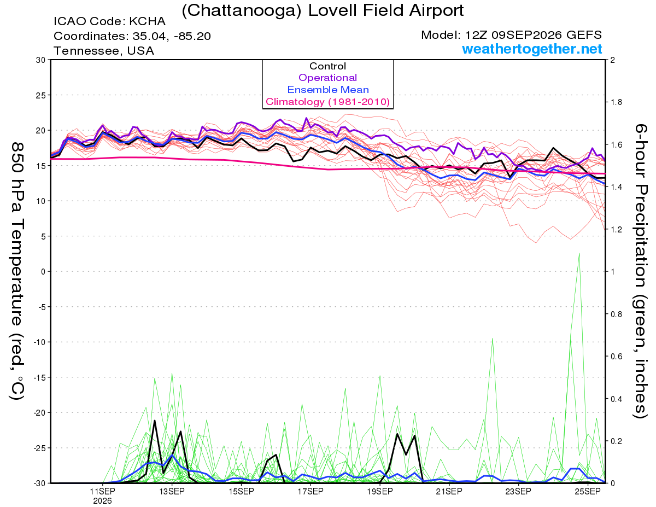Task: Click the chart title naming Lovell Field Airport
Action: tap(323, 10)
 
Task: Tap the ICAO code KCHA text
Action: tap(109, 21)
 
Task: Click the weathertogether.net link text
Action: tap(532, 49)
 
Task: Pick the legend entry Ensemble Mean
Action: tap(328, 90)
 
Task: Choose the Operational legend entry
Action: tap(328, 78)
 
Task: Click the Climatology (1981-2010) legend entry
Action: tap(328, 102)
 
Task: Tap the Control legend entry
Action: tap(328, 66)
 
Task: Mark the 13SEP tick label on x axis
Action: tap(172, 492)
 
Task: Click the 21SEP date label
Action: tap(449, 492)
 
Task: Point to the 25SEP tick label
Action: tap(588, 492)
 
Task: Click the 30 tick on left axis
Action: tap(41, 60)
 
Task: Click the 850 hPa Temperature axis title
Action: tap(17, 271)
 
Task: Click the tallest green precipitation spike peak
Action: tap(579, 254)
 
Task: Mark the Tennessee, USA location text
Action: tap(104, 51)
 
